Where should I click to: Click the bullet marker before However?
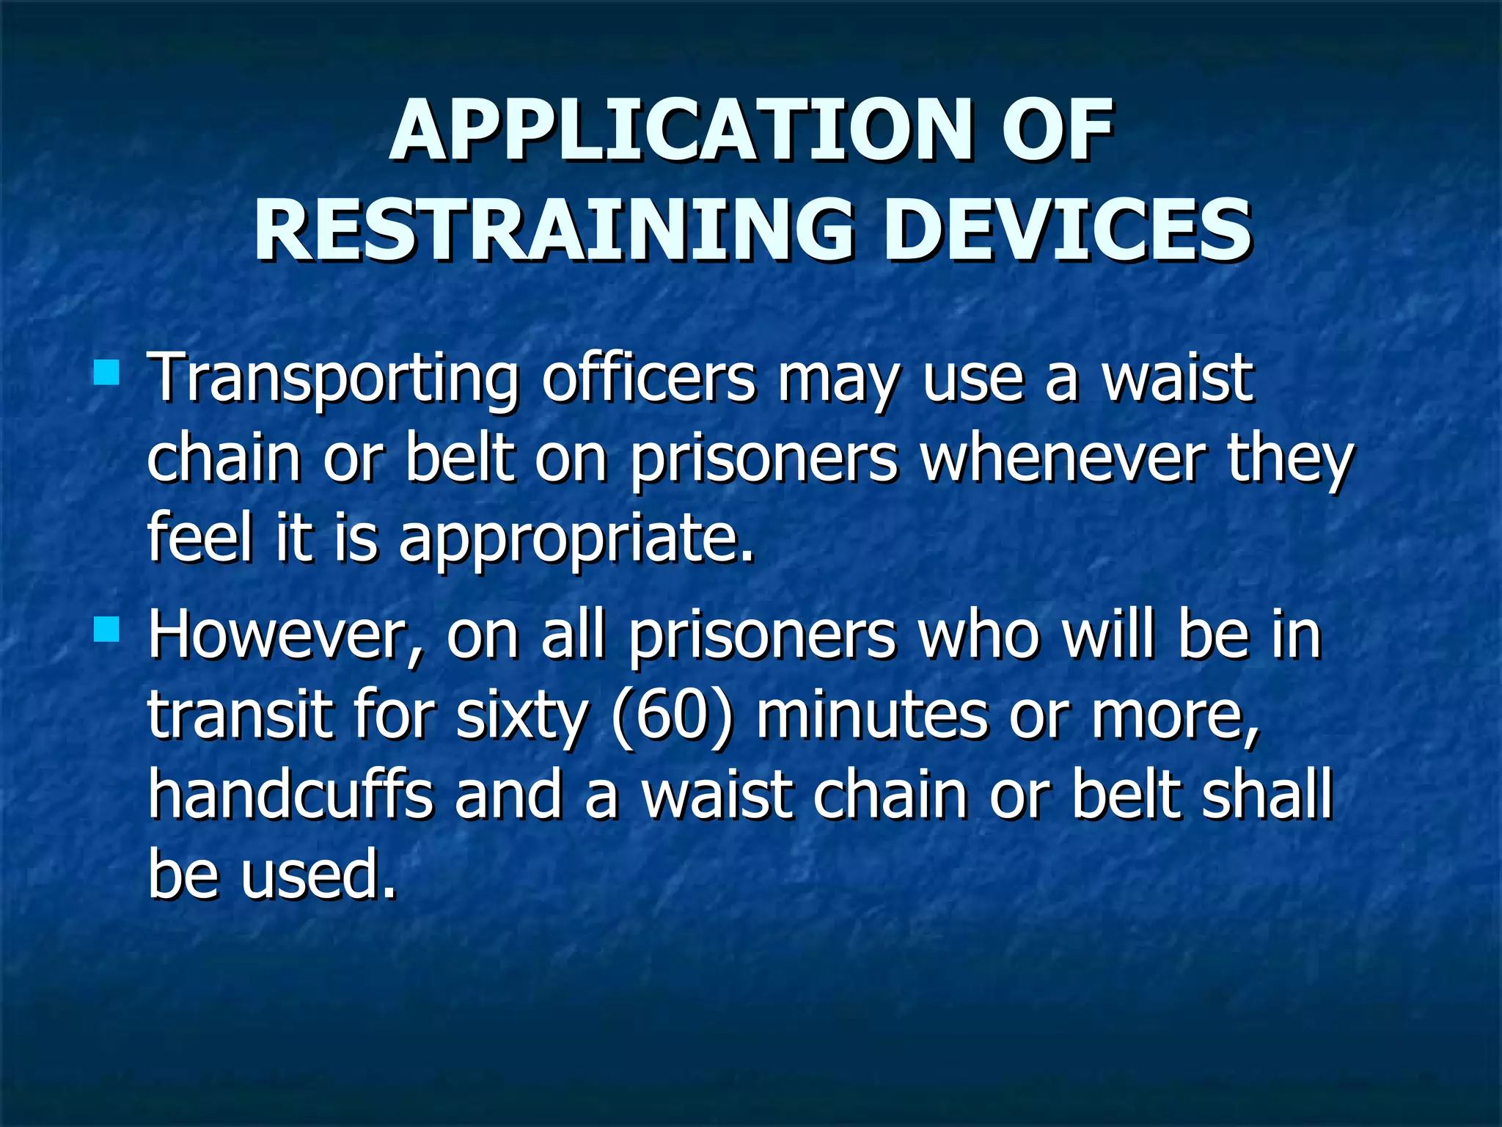(106, 629)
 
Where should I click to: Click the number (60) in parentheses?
(671, 715)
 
